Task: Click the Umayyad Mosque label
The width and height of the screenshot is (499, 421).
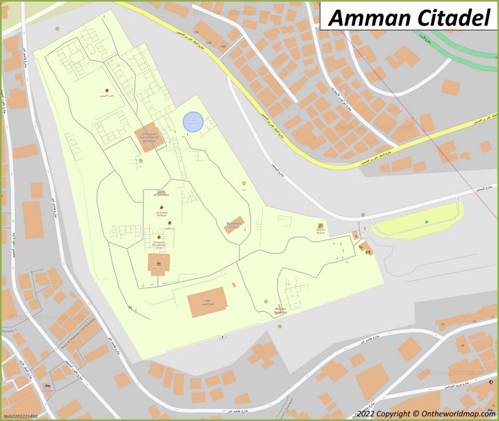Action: (x=161, y=214)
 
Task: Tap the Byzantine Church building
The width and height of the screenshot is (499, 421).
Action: (x=234, y=225)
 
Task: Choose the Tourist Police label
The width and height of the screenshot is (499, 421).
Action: (x=320, y=233)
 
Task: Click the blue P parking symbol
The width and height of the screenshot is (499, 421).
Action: (x=426, y=223)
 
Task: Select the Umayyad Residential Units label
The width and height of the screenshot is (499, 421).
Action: (x=159, y=245)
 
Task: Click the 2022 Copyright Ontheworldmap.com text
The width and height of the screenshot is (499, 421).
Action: (x=427, y=413)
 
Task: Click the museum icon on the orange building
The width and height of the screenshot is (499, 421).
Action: (x=159, y=263)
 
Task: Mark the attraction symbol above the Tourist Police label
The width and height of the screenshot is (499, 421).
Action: (x=321, y=225)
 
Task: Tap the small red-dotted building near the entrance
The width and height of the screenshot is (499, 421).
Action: (x=355, y=235)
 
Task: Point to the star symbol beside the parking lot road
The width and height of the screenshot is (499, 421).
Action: (x=362, y=215)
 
